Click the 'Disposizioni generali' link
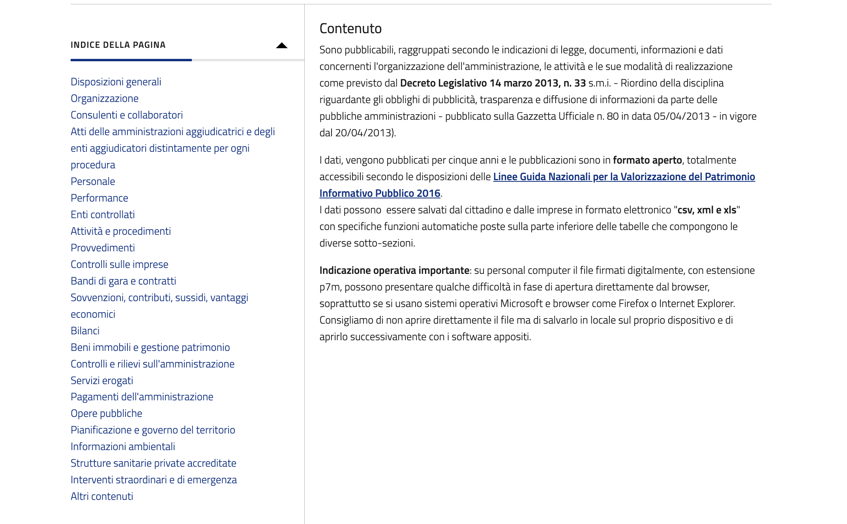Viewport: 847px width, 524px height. point(116,82)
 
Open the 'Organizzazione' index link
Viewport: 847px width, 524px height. point(104,98)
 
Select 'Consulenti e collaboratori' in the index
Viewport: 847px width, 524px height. point(126,115)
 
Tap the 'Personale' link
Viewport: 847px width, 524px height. point(93,181)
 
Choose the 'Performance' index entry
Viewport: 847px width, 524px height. point(99,198)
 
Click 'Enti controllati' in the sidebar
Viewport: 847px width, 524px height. point(103,215)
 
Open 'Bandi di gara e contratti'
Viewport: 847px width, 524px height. point(123,281)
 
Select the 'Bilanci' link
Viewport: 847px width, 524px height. point(85,331)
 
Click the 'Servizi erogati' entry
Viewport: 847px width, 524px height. point(101,381)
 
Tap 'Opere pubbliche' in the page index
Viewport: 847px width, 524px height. point(106,413)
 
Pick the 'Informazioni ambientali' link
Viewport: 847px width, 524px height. point(122,447)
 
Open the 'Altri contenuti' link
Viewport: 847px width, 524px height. point(101,496)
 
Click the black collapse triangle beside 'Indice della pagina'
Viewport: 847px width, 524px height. point(281,45)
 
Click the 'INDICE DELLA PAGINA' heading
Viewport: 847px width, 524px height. point(118,45)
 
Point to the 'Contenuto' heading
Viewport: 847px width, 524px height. point(350,28)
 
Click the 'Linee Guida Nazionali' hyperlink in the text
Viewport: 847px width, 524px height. point(624,177)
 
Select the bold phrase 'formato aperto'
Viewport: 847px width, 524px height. point(647,160)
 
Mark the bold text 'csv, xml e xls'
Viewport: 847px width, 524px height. point(706,210)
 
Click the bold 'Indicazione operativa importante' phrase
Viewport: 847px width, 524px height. point(394,270)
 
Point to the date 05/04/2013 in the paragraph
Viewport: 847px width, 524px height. point(681,116)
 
